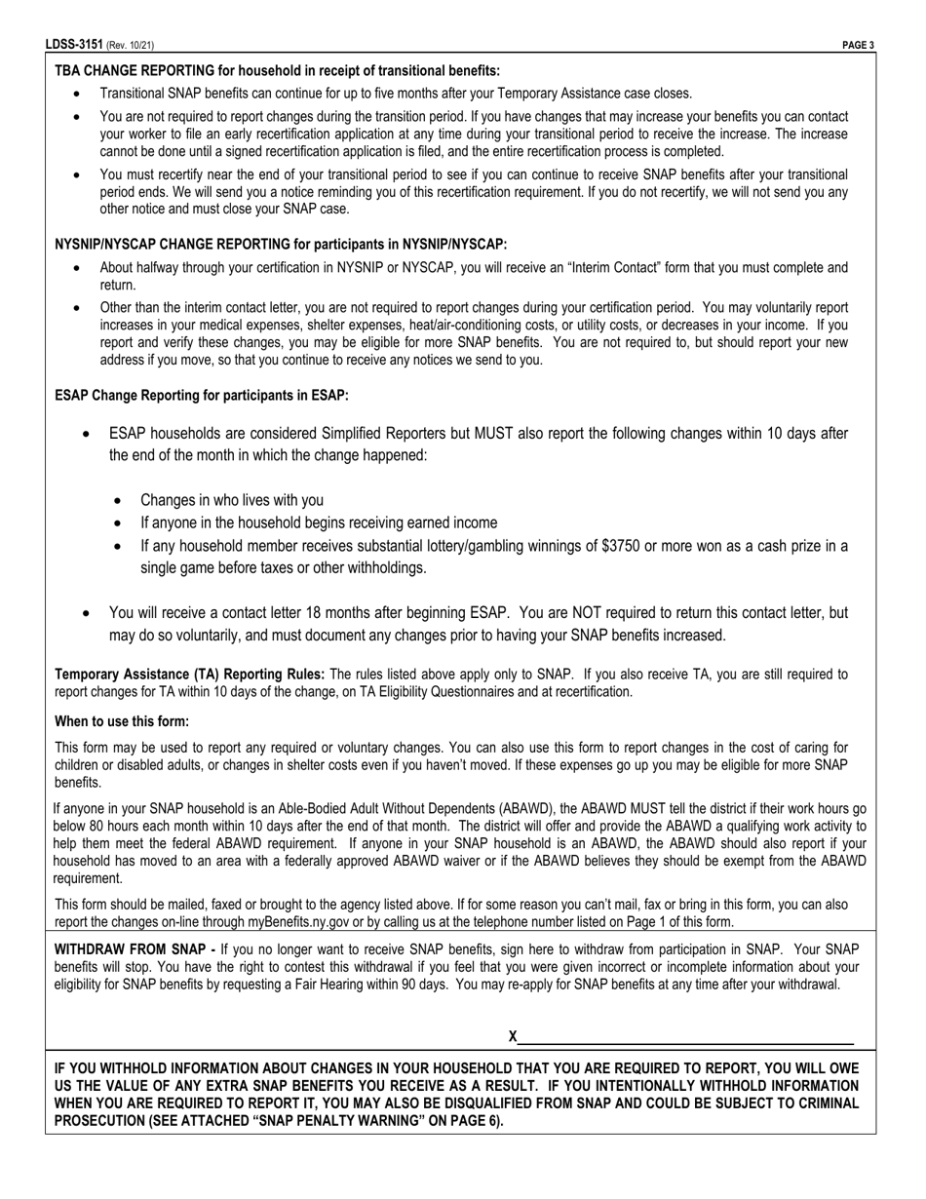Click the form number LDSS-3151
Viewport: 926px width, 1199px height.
[x=74, y=45]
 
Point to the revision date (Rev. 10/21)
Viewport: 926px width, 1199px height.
[x=131, y=45]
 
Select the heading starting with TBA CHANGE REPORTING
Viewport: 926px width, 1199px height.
[x=277, y=70]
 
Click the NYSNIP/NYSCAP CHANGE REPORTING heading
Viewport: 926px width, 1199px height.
[x=281, y=245]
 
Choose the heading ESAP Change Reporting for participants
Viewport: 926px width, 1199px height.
[x=202, y=396]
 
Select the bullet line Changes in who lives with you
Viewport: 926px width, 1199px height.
[x=232, y=500]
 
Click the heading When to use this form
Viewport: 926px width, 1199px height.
[x=122, y=721]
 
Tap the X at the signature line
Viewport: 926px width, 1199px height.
[x=513, y=1036]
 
